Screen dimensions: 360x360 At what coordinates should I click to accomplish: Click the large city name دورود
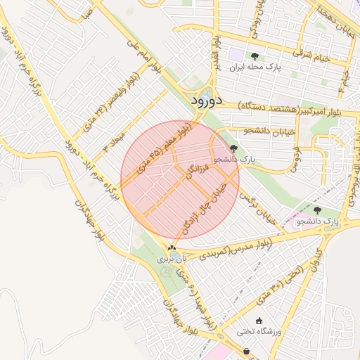click(x=207, y=101)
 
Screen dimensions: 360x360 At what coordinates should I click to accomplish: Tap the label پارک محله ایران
click(x=255, y=67)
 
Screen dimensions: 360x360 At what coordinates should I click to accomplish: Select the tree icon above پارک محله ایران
click(x=255, y=56)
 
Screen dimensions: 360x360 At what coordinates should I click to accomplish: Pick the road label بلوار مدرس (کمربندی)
click(x=231, y=250)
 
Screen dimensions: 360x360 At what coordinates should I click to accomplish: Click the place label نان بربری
click(x=172, y=259)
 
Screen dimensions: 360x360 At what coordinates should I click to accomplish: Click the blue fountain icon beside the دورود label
click(x=207, y=89)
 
